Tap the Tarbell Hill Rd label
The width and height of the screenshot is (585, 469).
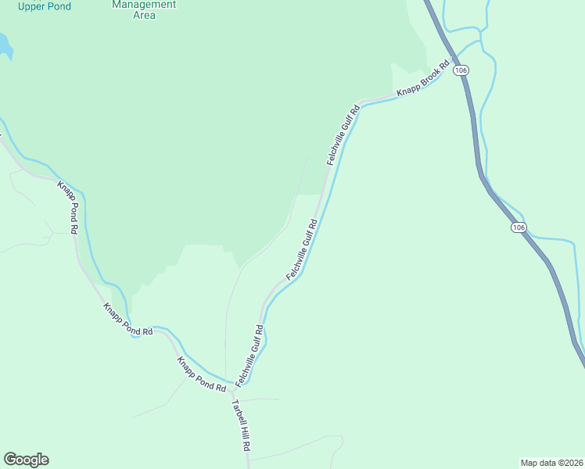pos(240,426)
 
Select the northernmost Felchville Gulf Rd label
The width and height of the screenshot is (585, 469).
pos(343,135)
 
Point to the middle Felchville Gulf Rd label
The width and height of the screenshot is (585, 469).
pos(301,249)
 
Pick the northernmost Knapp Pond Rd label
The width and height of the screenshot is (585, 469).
pos(68,207)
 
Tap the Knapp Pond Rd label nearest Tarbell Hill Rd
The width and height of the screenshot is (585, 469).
pos(201,374)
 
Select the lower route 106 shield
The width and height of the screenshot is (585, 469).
pos(519,227)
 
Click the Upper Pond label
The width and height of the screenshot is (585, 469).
pos(45,6)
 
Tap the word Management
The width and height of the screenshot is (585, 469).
pos(144,4)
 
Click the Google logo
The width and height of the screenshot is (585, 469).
pos(26,460)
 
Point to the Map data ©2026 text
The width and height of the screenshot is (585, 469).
pos(551,462)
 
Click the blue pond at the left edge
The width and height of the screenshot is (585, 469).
pos(5,46)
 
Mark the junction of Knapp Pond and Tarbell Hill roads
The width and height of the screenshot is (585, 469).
pos(231,386)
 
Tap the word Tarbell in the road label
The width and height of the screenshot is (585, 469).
pos(236,414)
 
